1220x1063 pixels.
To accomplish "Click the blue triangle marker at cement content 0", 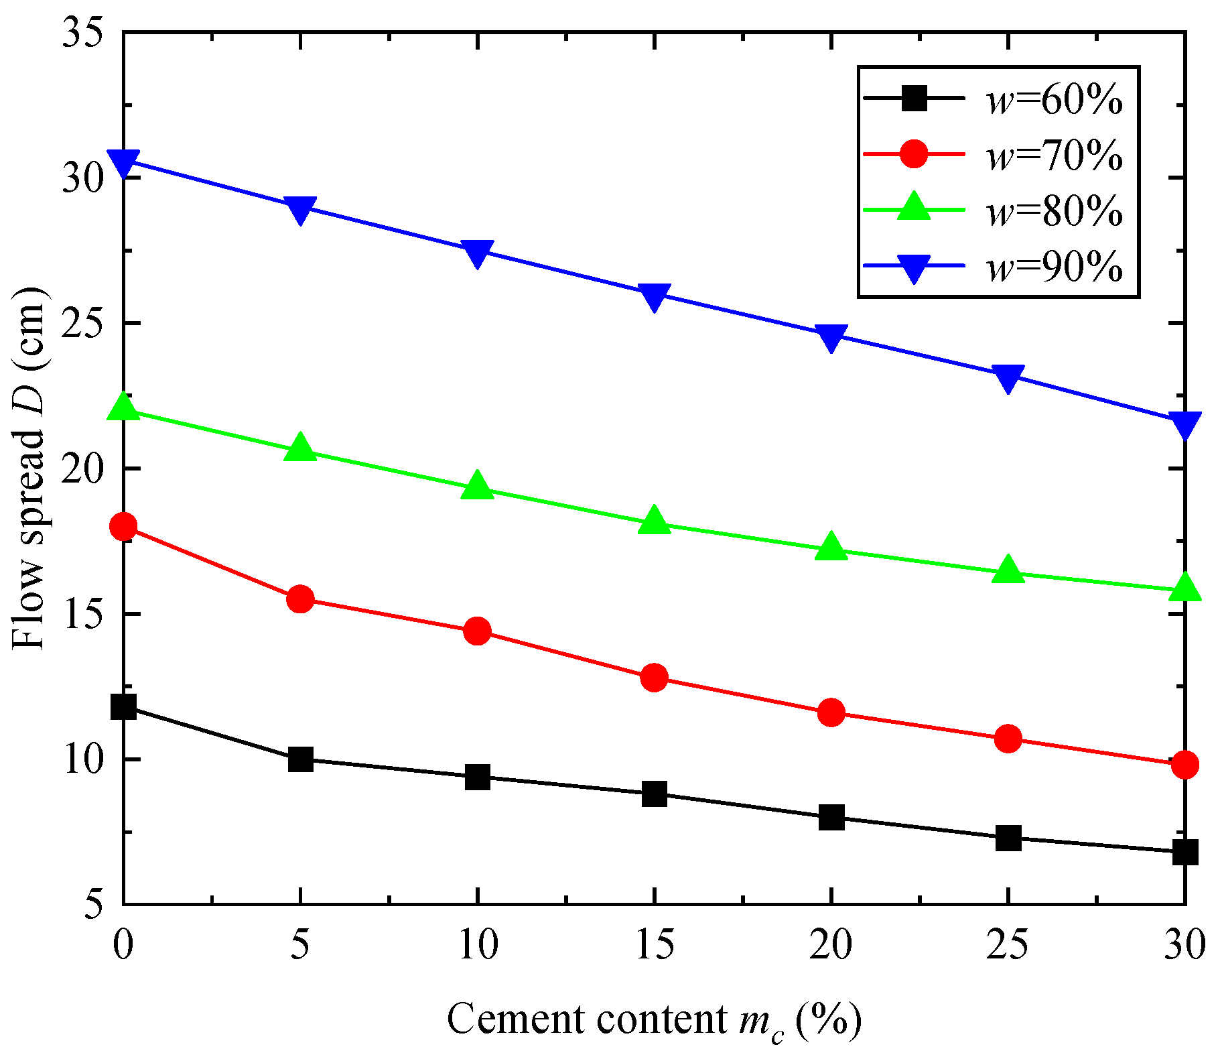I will pos(124,162).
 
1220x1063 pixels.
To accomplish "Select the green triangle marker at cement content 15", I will pos(655,521).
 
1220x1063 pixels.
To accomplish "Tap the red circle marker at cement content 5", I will pos(300,599).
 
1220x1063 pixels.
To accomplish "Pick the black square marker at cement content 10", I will pos(477,777).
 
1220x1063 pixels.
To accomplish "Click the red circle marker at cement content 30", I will pos(1184,764).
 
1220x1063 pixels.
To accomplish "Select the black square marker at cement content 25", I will pos(1008,838).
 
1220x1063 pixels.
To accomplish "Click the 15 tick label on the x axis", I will pos(654,945).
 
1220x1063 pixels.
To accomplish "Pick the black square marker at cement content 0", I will pos(124,707).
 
